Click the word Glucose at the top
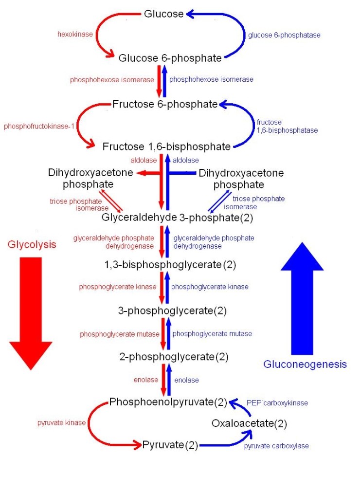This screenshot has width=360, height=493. [x=163, y=14]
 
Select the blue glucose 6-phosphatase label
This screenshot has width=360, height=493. [x=284, y=35]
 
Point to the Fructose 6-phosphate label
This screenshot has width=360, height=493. [x=165, y=104]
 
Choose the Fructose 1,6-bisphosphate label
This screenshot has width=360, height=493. [x=166, y=146]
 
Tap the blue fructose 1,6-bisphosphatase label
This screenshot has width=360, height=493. [x=287, y=127]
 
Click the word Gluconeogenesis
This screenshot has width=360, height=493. [x=305, y=364]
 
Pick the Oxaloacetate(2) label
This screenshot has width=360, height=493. [x=249, y=423]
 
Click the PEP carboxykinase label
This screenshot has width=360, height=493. [x=277, y=403]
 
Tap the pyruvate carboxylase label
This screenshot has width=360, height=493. [x=276, y=446]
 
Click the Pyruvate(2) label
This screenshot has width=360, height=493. [x=170, y=444]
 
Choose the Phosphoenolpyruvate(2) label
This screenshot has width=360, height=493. [x=168, y=402]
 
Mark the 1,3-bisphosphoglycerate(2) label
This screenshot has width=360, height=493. [x=170, y=266]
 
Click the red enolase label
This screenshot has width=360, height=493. [x=146, y=380]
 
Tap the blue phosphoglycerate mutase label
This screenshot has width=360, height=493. [x=212, y=334]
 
